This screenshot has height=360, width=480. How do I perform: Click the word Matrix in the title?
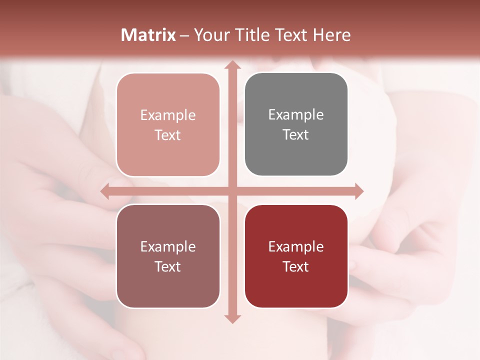(x=148, y=35)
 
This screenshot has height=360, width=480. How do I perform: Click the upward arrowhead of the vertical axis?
(x=232, y=65)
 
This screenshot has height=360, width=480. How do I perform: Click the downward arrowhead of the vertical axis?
(x=232, y=318)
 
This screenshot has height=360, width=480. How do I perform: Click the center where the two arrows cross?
(x=232, y=191)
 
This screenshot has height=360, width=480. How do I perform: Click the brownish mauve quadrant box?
(x=168, y=290)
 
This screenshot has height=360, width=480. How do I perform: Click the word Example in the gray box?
(x=296, y=114)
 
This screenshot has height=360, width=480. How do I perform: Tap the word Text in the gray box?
(x=296, y=134)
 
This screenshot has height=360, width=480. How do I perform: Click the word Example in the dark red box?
(x=296, y=246)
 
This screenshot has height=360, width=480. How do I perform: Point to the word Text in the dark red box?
(x=296, y=266)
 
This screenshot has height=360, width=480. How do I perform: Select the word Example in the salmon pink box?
(x=168, y=115)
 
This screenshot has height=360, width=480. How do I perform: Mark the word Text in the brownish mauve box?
(x=168, y=266)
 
